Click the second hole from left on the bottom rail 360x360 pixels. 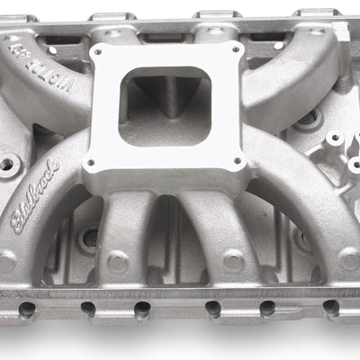(x=86, y=310)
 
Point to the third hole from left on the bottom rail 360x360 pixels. (x=141, y=310)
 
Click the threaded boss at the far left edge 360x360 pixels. (x=11, y=166)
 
